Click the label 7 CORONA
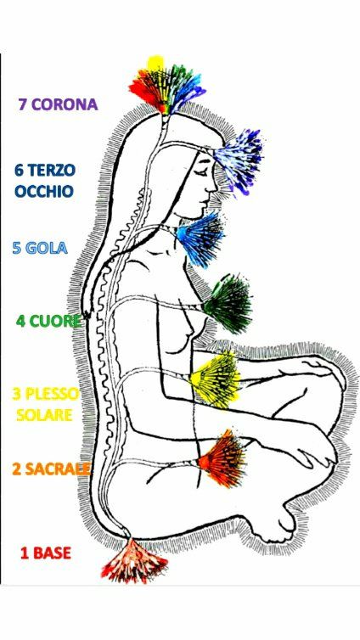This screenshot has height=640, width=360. tap(58, 104)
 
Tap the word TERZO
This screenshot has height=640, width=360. tap(51, 171)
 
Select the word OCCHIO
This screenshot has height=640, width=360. tap(44, 191)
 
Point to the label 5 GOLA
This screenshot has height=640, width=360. tap(40, 248)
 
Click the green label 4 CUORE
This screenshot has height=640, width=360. tap(48, 321)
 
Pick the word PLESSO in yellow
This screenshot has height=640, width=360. tap(52, 395)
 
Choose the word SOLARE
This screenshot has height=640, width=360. tap(44, 415)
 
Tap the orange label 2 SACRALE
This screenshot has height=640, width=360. tap(51, 469)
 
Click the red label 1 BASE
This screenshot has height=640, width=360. tap(46, 553)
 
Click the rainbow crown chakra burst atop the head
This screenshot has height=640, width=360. tap(166, 87)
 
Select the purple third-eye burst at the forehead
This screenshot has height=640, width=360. tap(239, 160)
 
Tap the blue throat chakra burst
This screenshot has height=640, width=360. tap(201, 239)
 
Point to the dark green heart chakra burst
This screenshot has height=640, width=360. tap(228, 303)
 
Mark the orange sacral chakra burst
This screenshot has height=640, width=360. tap(222, 458)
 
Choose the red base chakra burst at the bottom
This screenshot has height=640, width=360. tap(134, 561)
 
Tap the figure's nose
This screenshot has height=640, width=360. tap(212, 187)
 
